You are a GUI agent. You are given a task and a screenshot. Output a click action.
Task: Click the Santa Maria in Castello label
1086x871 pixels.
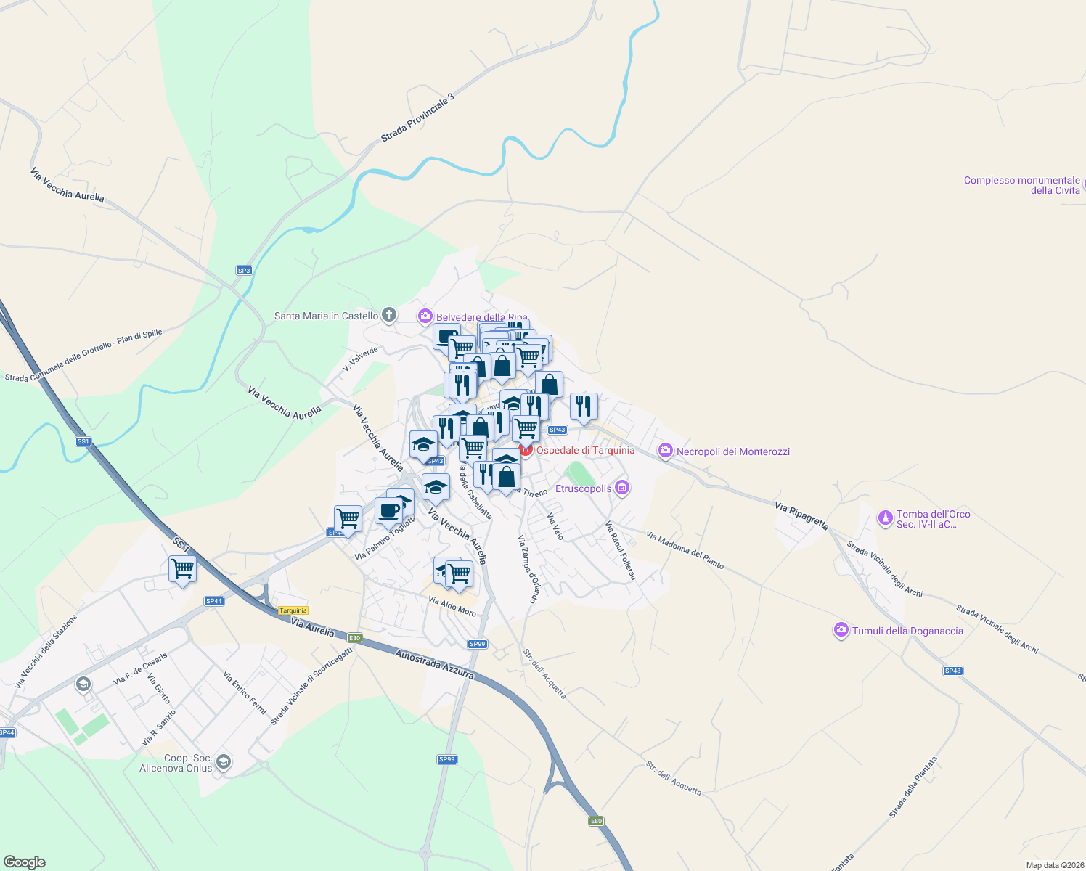tap(326, 316)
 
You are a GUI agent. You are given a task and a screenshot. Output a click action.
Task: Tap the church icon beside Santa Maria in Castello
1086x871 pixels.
tap(389, 315)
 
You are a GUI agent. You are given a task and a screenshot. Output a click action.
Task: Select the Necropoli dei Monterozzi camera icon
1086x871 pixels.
tap(665, 451)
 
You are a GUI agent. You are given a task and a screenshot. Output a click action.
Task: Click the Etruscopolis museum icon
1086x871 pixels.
tap(622, 488)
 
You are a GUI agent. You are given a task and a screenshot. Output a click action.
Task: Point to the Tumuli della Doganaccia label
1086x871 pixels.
tap(907, 631)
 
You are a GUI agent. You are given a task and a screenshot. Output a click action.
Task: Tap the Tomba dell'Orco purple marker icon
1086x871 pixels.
tap(885, 518)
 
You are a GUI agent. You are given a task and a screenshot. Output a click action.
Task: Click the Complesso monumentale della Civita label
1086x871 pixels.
tap(1021, 185)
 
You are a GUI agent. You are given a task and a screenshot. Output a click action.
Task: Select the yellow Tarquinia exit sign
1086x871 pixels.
tap(293, 610)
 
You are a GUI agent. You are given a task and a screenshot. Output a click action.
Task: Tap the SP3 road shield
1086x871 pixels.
tap(244, 271)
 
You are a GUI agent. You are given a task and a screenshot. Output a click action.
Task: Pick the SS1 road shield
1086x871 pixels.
tap(83, 441)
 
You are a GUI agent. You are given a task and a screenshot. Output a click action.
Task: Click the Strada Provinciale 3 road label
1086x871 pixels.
tap(417, 118)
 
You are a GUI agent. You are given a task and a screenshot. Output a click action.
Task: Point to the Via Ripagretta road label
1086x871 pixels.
tap(801, 515)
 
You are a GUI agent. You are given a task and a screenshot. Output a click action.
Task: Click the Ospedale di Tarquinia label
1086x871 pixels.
tap(585, 451)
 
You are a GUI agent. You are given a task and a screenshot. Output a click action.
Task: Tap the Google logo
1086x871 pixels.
tap(25, 862)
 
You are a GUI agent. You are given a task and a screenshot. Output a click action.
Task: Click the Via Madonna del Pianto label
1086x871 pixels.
tap(685, 550)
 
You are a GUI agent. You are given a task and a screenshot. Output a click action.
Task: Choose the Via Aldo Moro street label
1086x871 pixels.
tap(452, 606)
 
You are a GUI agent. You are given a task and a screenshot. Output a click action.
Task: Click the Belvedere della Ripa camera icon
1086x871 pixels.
tap(425, 316)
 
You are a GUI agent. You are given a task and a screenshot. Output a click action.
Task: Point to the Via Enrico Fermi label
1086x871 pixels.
tap(245, 692)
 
